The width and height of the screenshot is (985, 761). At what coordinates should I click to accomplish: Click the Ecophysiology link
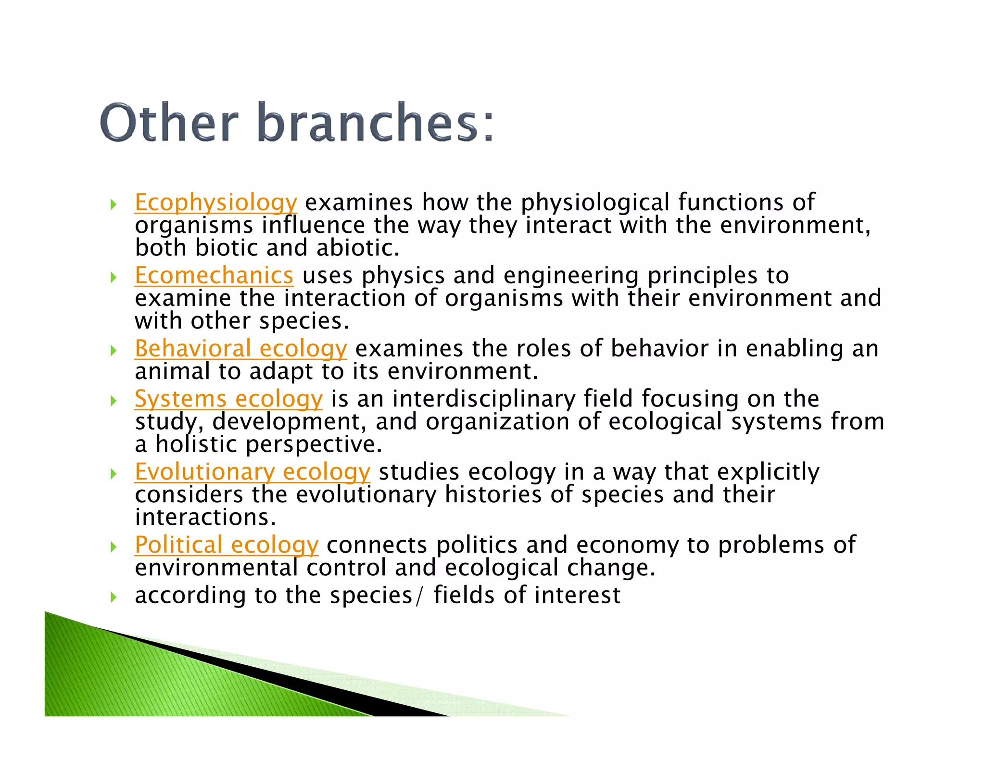click(x=215, y=203)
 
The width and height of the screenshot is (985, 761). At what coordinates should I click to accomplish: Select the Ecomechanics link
click(x=214, y=276)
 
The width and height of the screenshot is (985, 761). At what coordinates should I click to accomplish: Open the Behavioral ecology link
click(x=240, y=349)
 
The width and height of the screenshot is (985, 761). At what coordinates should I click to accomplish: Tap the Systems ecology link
click(x=228, y=399)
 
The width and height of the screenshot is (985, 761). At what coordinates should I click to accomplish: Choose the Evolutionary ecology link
click(x=252, y=472)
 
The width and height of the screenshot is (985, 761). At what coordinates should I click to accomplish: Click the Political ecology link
click(x=226, y=545)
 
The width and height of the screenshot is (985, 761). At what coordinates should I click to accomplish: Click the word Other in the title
click(x=169, y=123)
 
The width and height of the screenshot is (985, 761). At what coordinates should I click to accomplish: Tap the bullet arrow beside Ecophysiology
click(x=114, y=204)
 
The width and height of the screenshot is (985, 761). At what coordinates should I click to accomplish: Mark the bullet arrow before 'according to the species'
click(x=114, y=597)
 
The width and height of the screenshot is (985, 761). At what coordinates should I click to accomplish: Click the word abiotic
click(x=357, y=248)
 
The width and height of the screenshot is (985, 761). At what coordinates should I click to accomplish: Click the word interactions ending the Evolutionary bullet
click(x=205, y=518)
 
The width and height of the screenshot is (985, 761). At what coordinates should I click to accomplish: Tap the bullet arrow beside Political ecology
click(x=114, y=547)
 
